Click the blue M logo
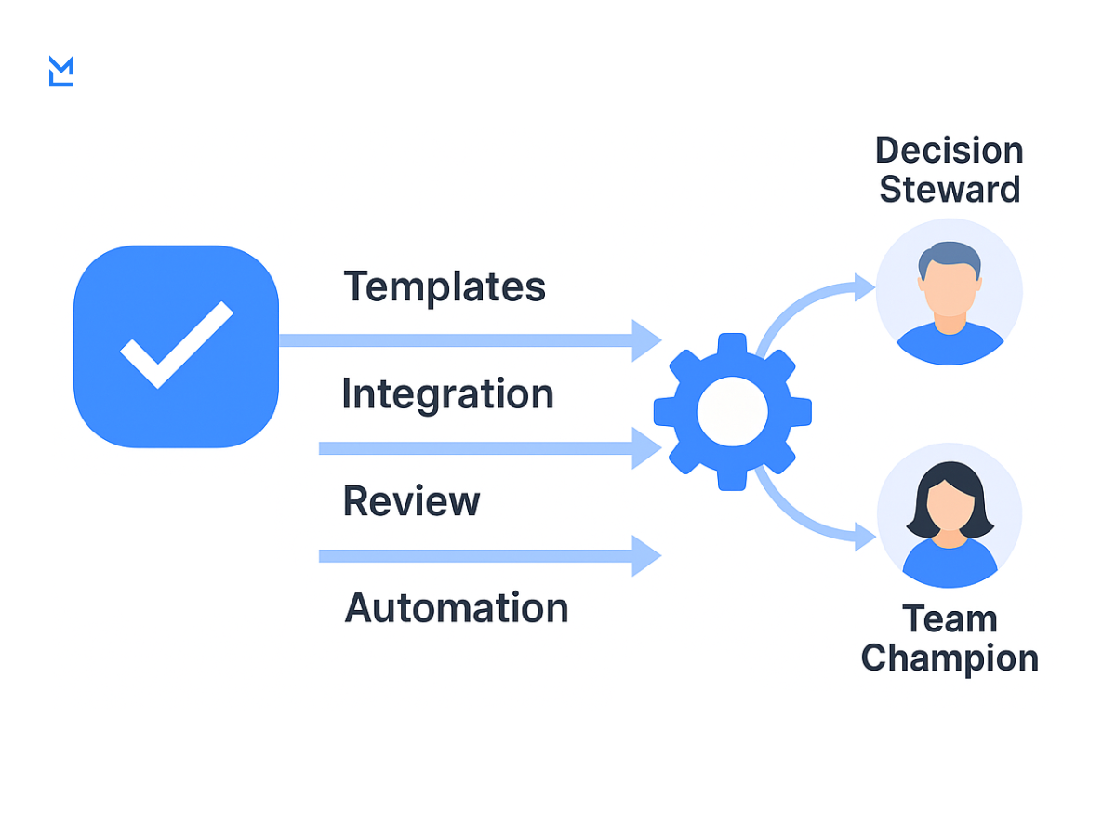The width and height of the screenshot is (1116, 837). click(60, 72)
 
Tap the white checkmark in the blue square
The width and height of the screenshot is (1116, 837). click(176, 343)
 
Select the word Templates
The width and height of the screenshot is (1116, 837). click(445, 286)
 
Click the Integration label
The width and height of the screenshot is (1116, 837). click(447, 394)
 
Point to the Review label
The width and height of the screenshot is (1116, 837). click(411, 501)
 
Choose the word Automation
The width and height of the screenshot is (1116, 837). click(457, 608)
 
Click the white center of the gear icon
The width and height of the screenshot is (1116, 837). click(732, 411)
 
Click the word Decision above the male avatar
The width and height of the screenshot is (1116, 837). click(949, 151)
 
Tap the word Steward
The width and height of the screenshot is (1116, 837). click(950, 190)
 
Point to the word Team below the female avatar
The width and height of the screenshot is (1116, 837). click(950, 619)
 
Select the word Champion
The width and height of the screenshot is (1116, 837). click(950, 658)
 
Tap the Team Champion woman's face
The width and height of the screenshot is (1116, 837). click(950, 507)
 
